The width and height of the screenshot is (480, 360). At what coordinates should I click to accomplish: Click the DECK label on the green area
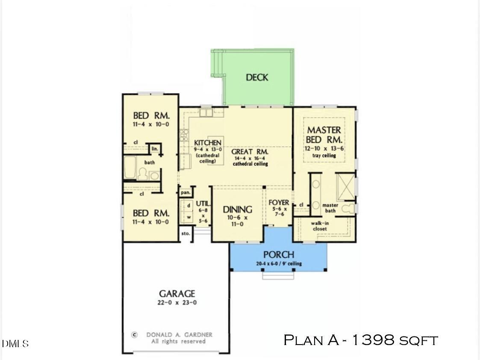257,77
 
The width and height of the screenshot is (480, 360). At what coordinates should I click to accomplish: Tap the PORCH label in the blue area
278,255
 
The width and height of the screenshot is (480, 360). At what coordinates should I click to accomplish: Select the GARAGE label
177,294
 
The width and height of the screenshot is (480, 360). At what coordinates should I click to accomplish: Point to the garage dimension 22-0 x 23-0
177,302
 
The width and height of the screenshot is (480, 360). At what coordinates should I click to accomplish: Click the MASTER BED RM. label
324,135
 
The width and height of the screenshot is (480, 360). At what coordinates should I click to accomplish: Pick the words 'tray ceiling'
324,156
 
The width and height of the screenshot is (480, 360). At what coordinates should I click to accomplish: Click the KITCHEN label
208,143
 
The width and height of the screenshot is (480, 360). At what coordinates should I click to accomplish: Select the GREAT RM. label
250,152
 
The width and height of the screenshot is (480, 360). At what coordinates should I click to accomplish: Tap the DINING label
238,210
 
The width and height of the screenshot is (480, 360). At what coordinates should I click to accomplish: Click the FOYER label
278,203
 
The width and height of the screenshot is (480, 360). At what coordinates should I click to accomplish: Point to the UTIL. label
203,204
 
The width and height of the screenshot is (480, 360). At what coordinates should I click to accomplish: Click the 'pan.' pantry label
186,192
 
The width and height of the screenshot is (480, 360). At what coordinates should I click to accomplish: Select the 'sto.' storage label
186,234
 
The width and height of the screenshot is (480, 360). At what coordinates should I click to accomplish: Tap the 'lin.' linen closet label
154,148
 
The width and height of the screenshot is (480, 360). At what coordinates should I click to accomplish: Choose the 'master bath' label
330,208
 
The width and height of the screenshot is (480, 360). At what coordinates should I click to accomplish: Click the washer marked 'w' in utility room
188,217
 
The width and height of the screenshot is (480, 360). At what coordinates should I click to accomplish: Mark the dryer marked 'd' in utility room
188,206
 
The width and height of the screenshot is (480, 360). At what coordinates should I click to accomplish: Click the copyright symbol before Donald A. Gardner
134,335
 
